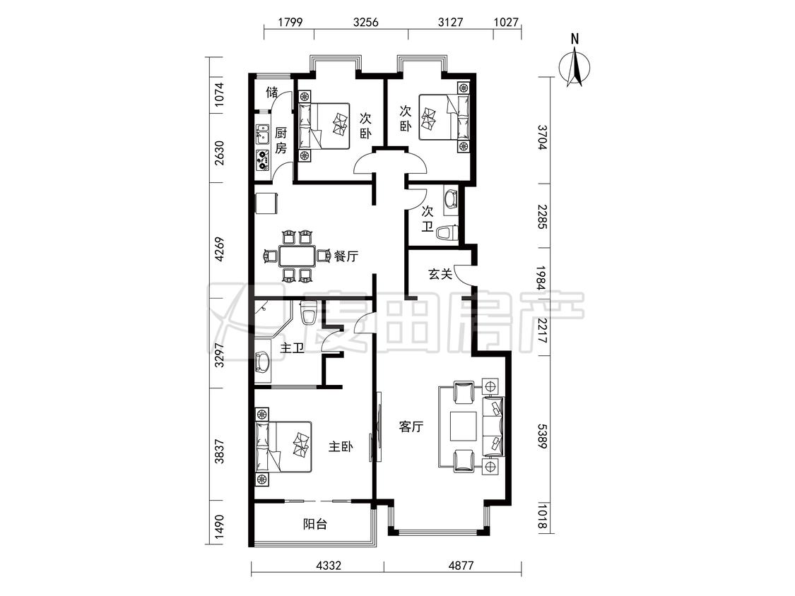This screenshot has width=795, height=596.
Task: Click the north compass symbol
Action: click(x=575, y=66)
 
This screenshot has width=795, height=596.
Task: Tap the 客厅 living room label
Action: click(x=411, y=427)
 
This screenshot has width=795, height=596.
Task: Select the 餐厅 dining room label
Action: click(x=346, y=256)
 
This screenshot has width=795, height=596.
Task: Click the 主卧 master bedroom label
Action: click(x=341, y=447)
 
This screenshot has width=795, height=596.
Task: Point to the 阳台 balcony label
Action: click(x=315, y=524)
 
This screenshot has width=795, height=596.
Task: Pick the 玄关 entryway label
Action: click(x=440, y=274)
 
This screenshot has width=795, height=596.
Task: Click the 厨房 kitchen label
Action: click(x=281, y=141)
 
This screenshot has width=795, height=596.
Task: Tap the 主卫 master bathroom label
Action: click(x=292, y=348)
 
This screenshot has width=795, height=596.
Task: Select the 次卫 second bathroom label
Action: click(x=428, y=219)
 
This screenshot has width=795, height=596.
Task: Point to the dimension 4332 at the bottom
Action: click(x=328, y=565)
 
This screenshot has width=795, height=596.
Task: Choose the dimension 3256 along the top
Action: click(x=366, y=22)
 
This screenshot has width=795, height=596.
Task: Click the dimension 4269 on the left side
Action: click(x=219, y=249)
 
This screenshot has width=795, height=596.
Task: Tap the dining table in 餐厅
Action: click(x=297, y=256)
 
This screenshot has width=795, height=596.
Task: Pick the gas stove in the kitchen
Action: click(x=262, y=160)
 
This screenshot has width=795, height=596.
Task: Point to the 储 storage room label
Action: click(x=272, y=93)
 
